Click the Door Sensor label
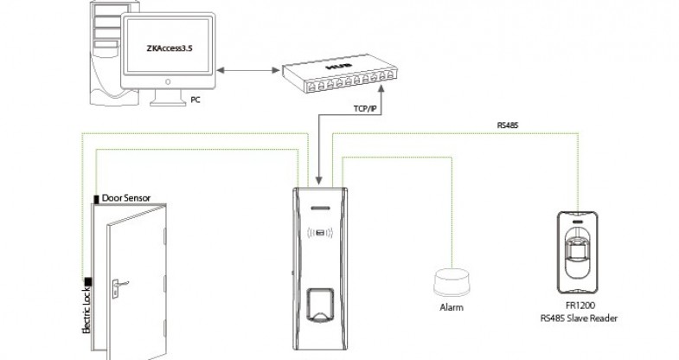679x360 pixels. point(126,197)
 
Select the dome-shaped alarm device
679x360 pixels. point(450,285)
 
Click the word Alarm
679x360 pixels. point(450,308)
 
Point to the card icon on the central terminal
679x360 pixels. point(320,232)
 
